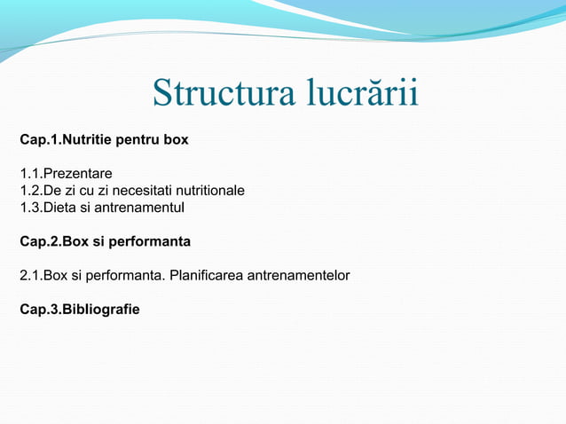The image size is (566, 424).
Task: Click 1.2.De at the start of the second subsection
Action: (42, 191)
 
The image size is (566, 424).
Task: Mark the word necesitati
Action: (157, 191)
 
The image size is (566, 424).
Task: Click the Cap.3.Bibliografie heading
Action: (79, 310)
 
